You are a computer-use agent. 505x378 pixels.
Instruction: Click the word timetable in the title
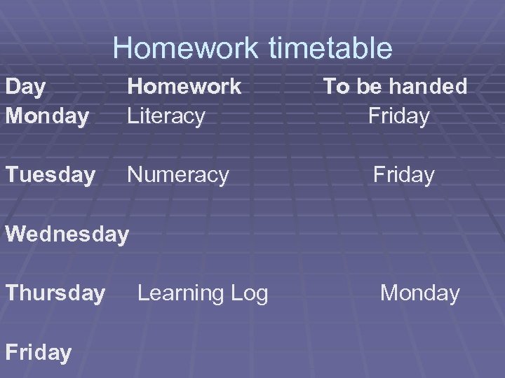[334, 48]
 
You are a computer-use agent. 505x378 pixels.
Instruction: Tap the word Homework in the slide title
[187, 48]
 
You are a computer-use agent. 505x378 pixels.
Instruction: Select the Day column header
[25, 87]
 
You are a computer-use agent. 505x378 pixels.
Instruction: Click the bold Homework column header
[184, 86]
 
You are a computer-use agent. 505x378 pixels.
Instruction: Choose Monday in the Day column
[46, 115]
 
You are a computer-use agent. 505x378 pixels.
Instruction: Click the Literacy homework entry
[166, 115]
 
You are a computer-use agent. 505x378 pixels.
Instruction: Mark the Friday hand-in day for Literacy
[398, 115]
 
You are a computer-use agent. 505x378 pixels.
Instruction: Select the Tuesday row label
[50, 174]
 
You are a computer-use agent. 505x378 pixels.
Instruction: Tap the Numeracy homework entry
[177, 174]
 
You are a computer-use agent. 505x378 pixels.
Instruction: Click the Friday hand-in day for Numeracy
[403, 174]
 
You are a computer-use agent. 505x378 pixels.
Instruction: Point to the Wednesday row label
[67, 234]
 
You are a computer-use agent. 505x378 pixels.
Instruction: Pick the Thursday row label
[55, 293]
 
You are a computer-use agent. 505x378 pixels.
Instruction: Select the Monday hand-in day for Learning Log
[419, 293]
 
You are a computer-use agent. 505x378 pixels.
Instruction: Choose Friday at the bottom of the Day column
[38, 352]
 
